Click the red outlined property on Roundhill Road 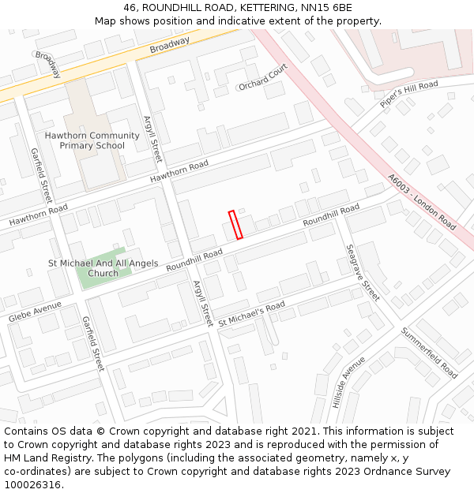coord(235,225)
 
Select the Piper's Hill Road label coord(408,94)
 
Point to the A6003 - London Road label coord(422,202)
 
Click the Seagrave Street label coord(363,272)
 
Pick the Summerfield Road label coord(429,353)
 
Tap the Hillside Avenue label coord(348,382)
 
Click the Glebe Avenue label coord(35,311)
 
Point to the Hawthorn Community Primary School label coord(92,140)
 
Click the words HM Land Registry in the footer coord(41,458)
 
